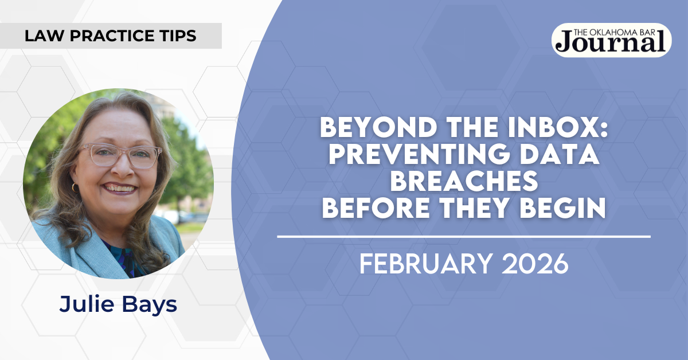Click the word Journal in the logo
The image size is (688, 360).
(611, 44)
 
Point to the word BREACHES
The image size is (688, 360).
(464, 181)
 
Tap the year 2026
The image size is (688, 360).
(535, 264)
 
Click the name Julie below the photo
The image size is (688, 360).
(87, 304)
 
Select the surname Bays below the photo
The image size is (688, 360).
(150, 305)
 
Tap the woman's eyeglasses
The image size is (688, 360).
(121, 155)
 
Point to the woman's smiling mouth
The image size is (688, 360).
(119, 188)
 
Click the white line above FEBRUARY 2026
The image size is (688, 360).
(464, 237)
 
